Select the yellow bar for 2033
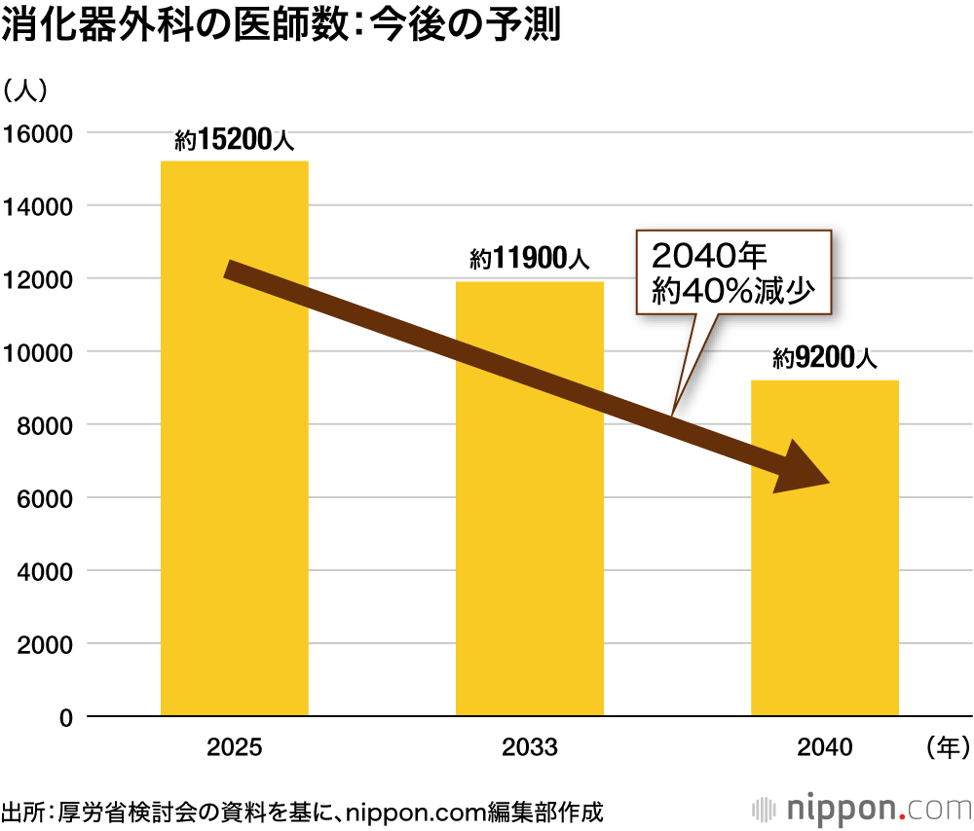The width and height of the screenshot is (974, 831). (530, 545)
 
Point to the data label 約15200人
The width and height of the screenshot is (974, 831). (234, 141)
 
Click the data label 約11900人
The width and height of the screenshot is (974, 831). (530, 261)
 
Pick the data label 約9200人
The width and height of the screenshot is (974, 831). (825, 359)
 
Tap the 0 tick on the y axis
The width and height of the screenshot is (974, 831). (65, 718)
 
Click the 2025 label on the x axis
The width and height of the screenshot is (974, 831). (234, 747)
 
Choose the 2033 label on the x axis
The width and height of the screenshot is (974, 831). (530, 747)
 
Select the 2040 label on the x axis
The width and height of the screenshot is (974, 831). (825, 747)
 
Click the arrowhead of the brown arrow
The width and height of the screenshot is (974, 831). (801, 470)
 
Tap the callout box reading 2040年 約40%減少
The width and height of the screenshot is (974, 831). (733, 272)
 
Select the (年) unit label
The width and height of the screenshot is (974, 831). (944, 747)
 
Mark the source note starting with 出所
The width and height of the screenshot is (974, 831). (302, 810)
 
